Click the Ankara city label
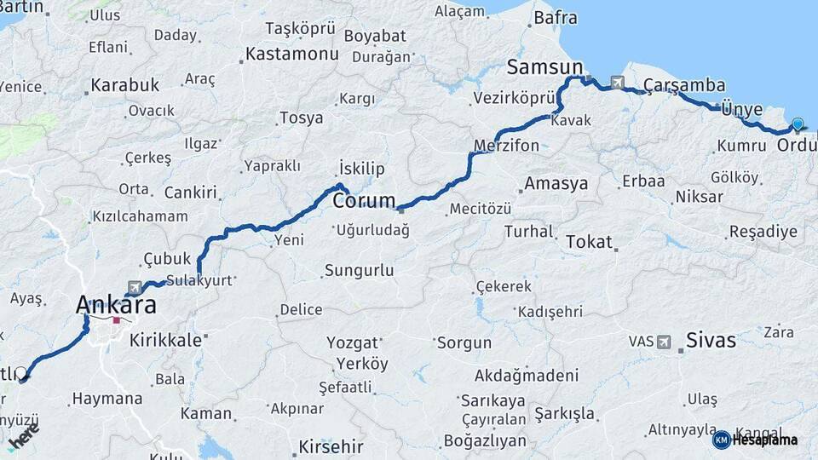(116, 305)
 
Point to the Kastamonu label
(291, 55)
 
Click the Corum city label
(363, 202)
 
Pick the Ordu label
(797, 145)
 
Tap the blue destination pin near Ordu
(798, 124)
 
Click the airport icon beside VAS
(664, 342)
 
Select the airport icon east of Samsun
(617, 83)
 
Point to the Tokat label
(589, 242)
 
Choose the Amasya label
(556, 184)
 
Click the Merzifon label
(507, 146)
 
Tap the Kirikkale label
(165, 339)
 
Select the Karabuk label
(124, 85)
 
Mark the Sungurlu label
(358, 271)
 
